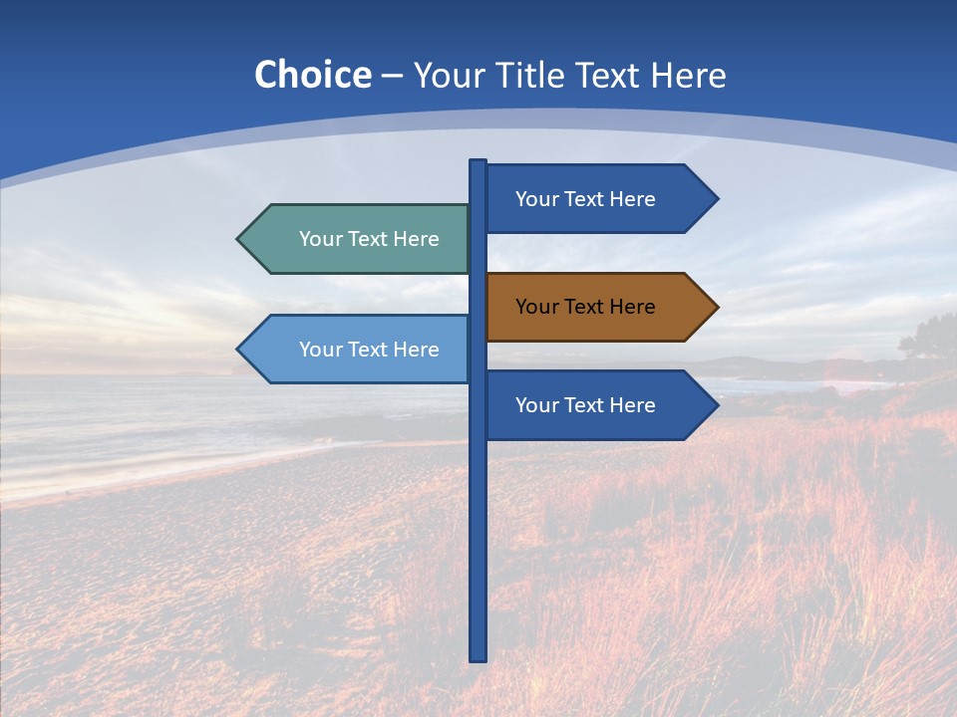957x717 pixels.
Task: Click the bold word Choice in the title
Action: [x=312, y=75]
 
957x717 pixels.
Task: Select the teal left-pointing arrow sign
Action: [x=359, y=239]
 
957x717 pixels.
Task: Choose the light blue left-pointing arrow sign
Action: [x=359, y=350]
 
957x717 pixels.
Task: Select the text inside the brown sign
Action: [x=585, y=307]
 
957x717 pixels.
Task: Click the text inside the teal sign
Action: [x=369, y=239]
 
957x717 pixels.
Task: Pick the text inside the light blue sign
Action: [x=369, y=350]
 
